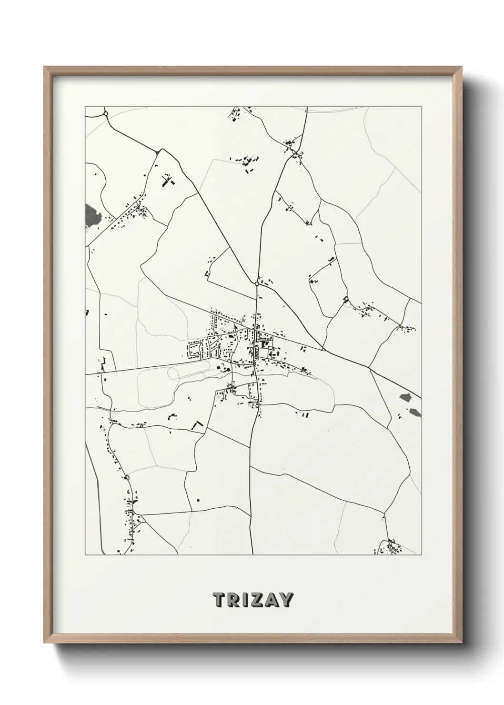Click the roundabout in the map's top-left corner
(x=106, y=113)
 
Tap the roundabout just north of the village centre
(x=257, y=283)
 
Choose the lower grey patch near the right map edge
(x=414, y=413)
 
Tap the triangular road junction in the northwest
(x=157, y=151)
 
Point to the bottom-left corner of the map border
(x=85, y=555)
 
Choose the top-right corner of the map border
(x=421, y=107)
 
